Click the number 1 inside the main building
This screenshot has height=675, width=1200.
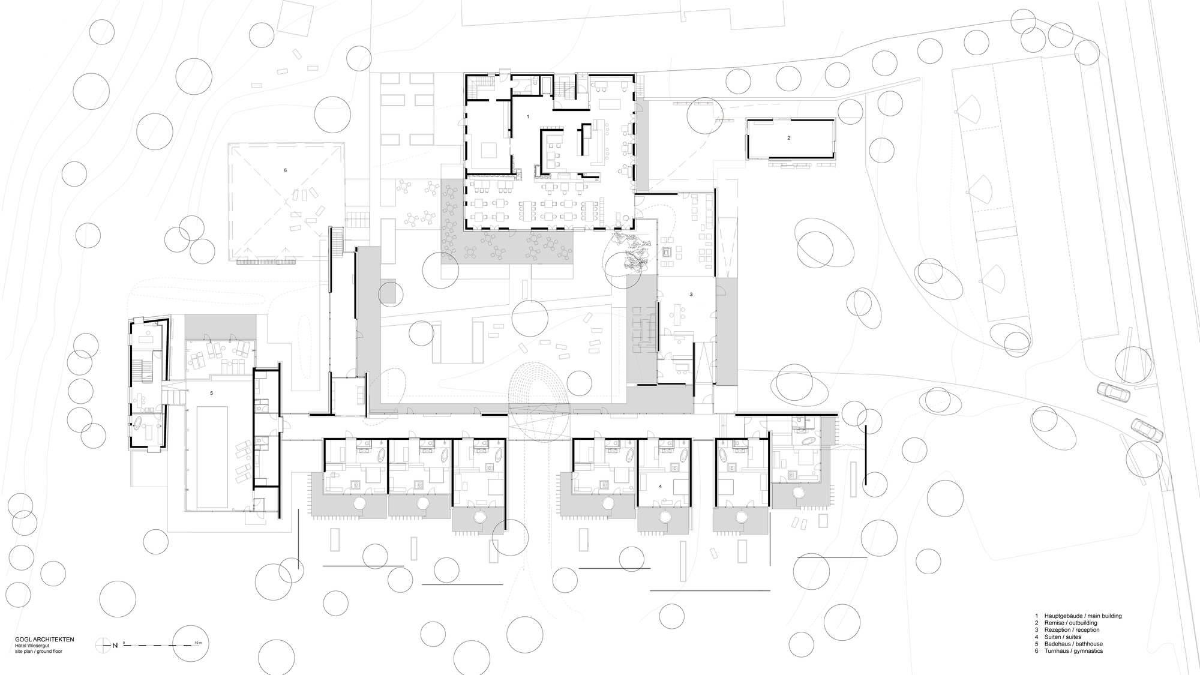tap(528, 116)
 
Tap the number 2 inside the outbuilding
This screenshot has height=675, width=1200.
tap(788, 138)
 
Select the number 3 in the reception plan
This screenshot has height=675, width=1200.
tap(691, 295)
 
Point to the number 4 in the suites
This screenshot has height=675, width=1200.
tap(660, 487)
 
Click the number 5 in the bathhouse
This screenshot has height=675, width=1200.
tap(211, 394)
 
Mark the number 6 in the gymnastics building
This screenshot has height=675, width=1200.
tap(285, 170)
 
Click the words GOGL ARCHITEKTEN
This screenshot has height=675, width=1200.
tap(44, 640)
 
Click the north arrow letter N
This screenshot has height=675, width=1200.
tap(114, 646)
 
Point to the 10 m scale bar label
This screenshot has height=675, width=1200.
tap(199, 643)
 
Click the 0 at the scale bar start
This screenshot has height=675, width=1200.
tap(124, 643)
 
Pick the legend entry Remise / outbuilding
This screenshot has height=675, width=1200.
tap(1070, 623)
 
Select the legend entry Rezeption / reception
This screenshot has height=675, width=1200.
tap(1072, 630)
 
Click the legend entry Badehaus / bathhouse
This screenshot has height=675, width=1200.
tap(1073, 644)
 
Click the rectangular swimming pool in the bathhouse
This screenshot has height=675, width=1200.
tap(211, 456)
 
